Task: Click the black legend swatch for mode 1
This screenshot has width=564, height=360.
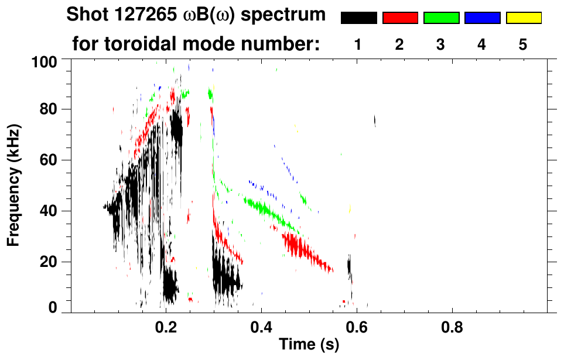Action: pyautogui.click(x=358, y=18)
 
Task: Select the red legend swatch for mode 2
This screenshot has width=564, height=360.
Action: pyautogui.click(x=400, y=18)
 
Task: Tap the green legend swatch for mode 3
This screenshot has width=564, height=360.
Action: pyautogui.click(x=441, y=18)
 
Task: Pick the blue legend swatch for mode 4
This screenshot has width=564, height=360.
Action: pyautogui.click(x=482, y=18)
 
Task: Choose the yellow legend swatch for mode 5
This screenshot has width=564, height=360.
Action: pyautogui.click(x=524, y=18)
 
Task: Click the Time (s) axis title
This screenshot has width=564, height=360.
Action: pyautogui.click(x=308, y=345)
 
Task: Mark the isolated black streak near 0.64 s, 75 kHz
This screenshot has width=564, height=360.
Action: pyautogui.click(x=375, y=121)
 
